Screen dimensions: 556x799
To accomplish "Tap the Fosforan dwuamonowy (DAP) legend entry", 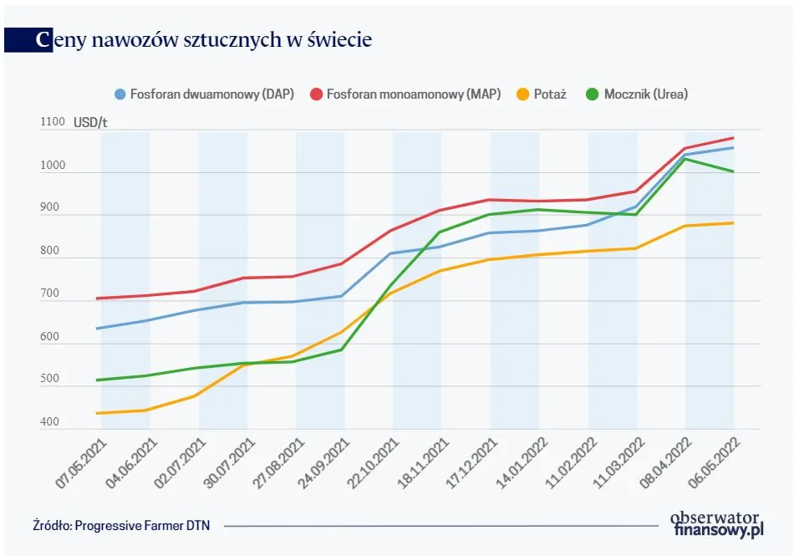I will [x=204, y=94].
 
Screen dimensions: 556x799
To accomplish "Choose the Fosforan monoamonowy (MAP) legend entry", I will [x=405, y=94].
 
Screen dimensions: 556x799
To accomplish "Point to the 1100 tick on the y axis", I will [x=52, y=122].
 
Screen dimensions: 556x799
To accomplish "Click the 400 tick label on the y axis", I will [x=49, y=421].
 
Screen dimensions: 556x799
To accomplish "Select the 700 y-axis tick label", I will [x=49, y=293].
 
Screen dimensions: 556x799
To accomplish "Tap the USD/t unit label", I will [x=90, y=122].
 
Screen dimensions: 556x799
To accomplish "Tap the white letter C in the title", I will [x=43, y=39].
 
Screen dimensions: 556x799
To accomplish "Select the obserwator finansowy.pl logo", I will [x=718, y=523].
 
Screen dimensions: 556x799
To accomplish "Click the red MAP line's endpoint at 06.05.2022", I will [x=733, y=138].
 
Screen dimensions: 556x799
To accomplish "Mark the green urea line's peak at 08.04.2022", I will [x=685, y=159].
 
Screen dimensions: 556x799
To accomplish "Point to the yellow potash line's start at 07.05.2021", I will [x=99, y=413].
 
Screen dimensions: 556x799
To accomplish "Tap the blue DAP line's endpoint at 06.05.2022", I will [x=733, y=148].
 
